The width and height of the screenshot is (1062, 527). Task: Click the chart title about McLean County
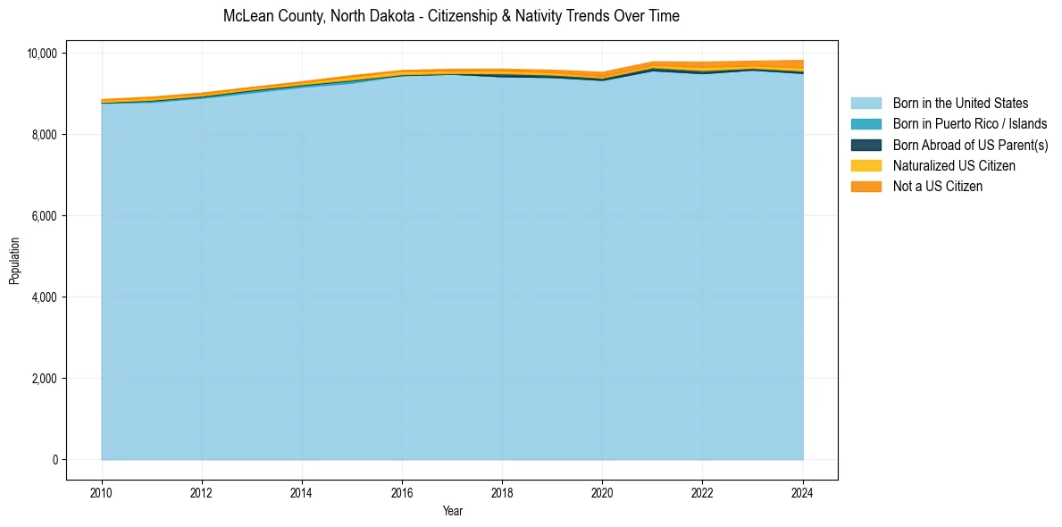point(451,16)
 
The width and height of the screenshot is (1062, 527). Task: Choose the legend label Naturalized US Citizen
point(954,165)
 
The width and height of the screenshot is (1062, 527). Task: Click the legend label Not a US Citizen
point(937,186)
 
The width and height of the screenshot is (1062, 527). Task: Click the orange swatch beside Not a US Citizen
point(865,186)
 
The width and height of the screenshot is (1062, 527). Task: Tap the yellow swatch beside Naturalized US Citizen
point(865,165)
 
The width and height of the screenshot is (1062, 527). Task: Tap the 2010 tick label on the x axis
point(102,490)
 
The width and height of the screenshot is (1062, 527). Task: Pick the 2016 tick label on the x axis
point(402,490)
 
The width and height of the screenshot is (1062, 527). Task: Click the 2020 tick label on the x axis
point(603,490)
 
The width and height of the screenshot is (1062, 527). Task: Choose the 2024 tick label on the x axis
point(803,490)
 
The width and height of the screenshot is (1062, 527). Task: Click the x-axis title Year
point(452,511)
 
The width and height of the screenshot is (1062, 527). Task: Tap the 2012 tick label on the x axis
point(202,490)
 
